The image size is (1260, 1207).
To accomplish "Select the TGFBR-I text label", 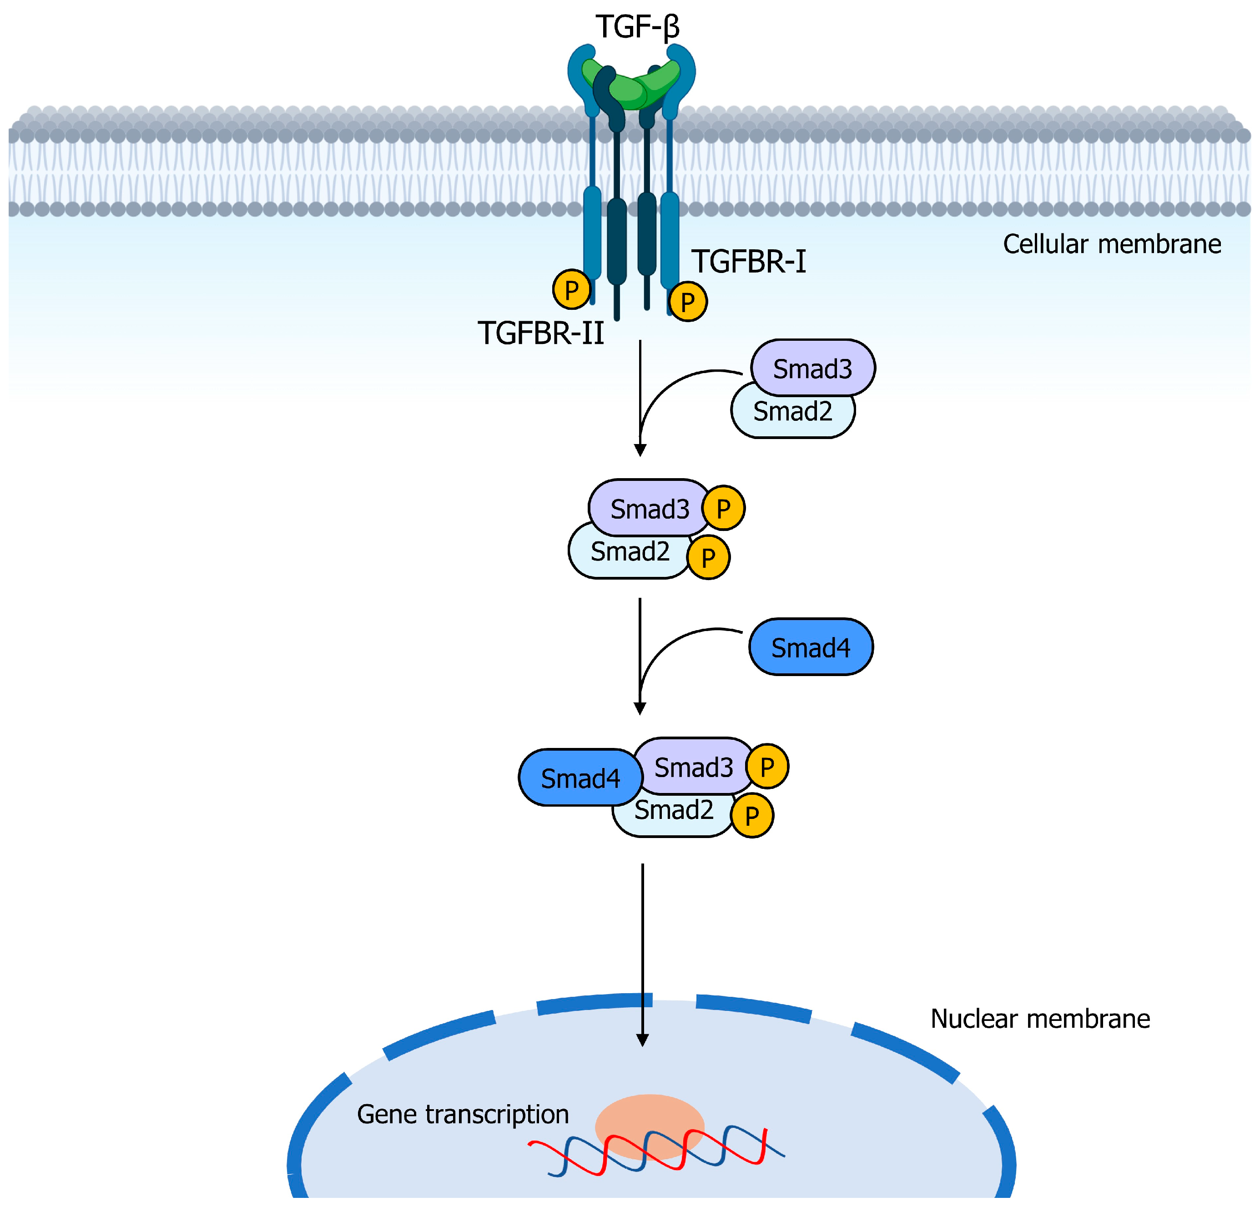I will [748, 262].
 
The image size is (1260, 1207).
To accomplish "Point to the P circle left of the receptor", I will [571, 289].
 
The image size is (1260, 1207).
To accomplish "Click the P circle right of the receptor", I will [687, 301].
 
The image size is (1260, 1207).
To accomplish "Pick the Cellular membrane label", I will [1112, 244].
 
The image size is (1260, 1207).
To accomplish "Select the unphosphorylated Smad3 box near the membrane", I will [812, 369].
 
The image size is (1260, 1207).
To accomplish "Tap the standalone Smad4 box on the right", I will [810, 647].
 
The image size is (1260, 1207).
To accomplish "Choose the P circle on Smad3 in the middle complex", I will [723, 508].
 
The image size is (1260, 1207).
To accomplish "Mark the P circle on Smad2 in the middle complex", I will [708, 557].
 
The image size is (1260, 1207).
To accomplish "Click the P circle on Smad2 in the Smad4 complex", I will [751, 815].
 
